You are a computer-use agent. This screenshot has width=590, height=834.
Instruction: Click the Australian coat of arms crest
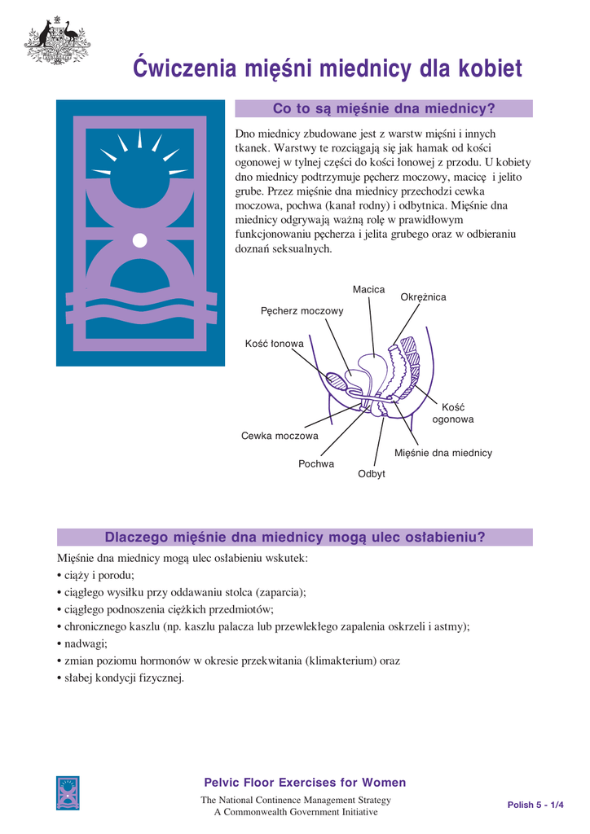tap(57, 40)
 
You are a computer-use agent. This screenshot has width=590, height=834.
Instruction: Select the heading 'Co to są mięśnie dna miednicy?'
tap(383, 108)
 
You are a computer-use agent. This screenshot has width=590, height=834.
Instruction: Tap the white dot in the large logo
tap(139, 239)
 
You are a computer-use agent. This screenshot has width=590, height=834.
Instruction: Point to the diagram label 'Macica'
tap(368, 290)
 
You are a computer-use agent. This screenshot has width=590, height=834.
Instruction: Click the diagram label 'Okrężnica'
tap(423, 297)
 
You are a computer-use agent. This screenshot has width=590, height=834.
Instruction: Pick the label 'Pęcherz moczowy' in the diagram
tap(302, 310)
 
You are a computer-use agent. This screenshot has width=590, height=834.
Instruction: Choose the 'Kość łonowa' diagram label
tap(274, 344)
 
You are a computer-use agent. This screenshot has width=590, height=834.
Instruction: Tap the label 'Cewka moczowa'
tap(280, 436)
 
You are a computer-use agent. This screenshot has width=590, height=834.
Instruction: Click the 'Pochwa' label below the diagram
tap(316, 463)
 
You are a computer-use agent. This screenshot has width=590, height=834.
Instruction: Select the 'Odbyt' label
tap(372, 474)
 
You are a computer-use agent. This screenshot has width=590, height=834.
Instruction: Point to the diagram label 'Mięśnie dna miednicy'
tap(443, 453)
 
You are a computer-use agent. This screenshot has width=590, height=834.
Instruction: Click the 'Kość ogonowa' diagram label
tap(452, 413)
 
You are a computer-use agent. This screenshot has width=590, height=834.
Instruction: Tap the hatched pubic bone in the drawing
tap(336, 380)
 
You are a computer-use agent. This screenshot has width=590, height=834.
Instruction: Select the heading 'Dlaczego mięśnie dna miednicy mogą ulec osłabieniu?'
tap(295, 537)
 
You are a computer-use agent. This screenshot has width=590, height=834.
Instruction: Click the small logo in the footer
tap(68, 792)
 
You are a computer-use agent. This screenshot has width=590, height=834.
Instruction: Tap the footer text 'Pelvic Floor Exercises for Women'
tap(305, 783)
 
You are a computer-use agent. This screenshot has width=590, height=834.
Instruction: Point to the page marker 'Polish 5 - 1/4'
tap(535, 805)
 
